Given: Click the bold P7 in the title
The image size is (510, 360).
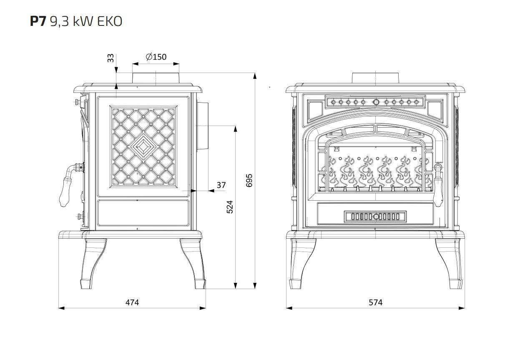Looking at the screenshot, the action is tap(38, 22).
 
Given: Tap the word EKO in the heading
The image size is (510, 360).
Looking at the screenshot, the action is tap(110, 22).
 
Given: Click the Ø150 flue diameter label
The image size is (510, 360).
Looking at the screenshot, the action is tap(156, 57).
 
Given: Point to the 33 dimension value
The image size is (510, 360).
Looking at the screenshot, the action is tap(111, 58).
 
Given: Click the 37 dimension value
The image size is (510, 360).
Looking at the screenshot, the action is tap(221, 185).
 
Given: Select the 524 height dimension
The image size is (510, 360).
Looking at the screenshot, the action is tap(230, 207).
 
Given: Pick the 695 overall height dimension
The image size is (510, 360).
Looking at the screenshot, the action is tap(249, 180).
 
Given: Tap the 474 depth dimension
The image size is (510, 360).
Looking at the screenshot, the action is tap(132, 302).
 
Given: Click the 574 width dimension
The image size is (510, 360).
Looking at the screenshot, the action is tap(375, 302).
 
